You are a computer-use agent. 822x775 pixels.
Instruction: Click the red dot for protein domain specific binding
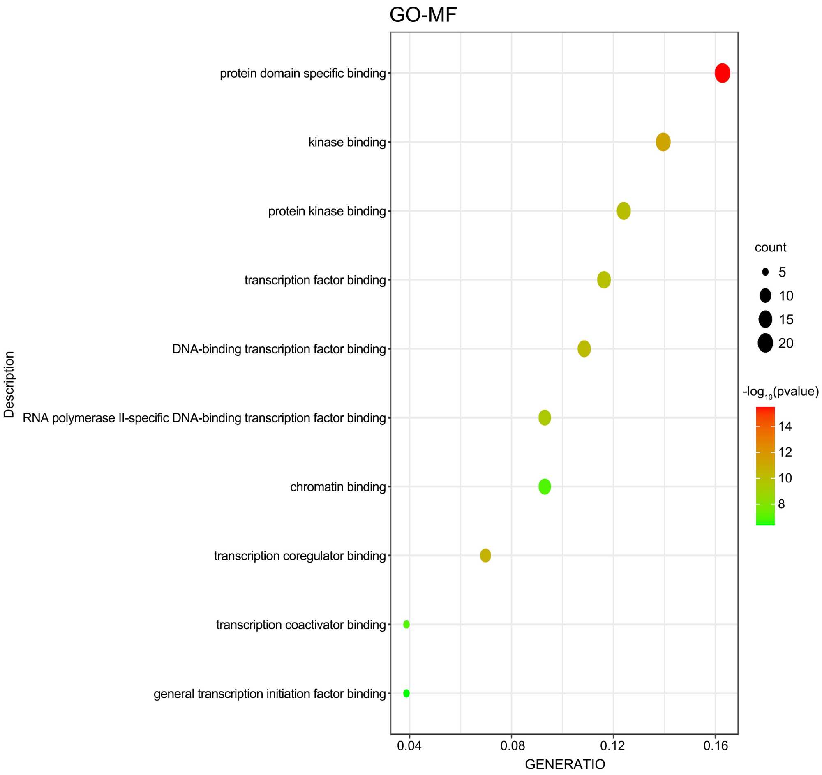[722, 73]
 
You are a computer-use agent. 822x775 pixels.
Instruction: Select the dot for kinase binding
[663, 142]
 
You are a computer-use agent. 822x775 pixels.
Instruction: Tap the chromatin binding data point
[545, 487]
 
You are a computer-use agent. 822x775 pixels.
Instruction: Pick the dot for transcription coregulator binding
[485, 556]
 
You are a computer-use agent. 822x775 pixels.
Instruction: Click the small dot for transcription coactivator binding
[406, 625]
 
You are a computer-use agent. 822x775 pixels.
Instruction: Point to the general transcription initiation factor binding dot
[406, 693]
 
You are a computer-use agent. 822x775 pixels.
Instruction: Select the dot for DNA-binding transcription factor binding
[584, 349]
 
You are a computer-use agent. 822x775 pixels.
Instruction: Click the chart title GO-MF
[423, 15]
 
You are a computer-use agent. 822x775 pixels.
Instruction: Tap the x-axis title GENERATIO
[565, 764]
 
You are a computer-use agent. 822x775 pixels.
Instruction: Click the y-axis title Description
[9, 384]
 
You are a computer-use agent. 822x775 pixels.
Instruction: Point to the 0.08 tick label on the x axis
[512, 746]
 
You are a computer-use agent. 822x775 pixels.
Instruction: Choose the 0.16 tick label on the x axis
[715, 746]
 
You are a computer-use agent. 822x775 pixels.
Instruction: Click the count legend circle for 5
[765, 272]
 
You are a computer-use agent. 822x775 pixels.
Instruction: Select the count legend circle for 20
[765, 343]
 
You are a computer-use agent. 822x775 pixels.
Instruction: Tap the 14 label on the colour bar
[785, 427]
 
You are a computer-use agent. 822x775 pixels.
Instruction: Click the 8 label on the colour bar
[781, 504]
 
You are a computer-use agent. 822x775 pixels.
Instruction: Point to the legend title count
[770, 247]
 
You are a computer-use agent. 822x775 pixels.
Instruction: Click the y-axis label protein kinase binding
[327, 211]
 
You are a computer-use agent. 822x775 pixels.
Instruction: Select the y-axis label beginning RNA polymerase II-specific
[204, 418]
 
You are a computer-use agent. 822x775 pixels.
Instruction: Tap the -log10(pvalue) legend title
[780, 392]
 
